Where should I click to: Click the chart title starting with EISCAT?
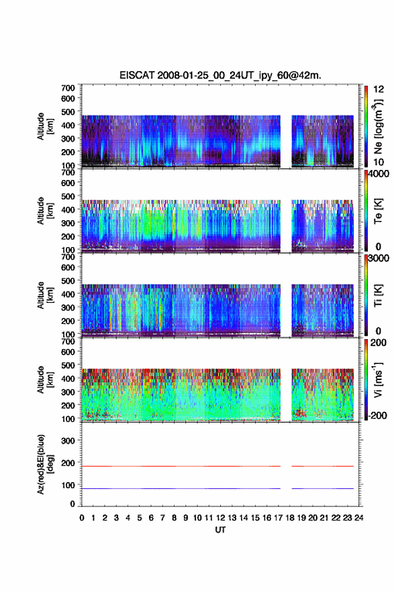220,75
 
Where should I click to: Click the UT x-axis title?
220,530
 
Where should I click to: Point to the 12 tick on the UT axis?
220,518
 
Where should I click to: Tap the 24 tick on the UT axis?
359,518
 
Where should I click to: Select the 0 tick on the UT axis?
82,518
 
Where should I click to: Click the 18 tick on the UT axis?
290,518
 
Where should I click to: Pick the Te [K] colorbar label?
378,211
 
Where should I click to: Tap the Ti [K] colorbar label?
378,295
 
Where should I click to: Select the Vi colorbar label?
378,379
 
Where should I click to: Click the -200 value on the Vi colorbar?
377,415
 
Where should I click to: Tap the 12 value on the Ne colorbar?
379,89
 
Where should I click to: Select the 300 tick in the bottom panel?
68,441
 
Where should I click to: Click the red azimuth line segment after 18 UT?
322,466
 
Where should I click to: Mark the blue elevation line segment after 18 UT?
322,488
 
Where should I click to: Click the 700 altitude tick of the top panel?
68,88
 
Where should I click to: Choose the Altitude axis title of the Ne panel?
45,126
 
